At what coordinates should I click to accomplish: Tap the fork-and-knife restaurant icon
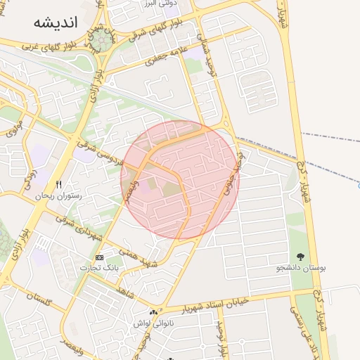pyautogui.click(x=59, y=185)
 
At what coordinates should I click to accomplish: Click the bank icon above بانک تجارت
pyautogui.click(x=99, y=257)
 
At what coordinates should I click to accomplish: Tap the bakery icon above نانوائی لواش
pyautogui.click(x=153, y=313)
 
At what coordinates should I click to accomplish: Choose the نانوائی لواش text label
pyautogui.click(x=153, y=323)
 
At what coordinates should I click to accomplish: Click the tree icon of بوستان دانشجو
pyautogui.click(x=301, y=257)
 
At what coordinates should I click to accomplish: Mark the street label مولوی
pyautogui.click(x=15, y=129)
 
